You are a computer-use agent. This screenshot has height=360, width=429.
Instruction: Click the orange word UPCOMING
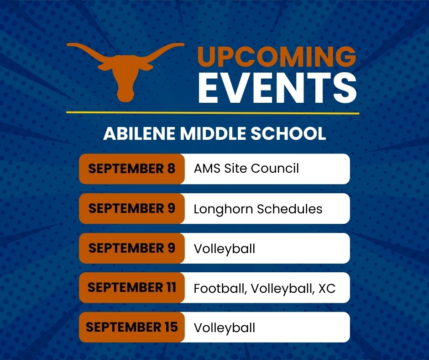click(x=277, y=57)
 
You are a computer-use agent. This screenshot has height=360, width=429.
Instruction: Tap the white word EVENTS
click(x=277, y=88)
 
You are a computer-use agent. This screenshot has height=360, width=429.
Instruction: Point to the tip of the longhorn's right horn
click(x=183, y=44)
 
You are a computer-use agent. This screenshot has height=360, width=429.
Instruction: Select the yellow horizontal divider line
click(x=213, y=112)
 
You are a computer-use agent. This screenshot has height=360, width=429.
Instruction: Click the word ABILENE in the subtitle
click(x=139, y=134)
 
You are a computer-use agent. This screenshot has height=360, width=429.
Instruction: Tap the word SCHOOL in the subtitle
click(x=288, y=134)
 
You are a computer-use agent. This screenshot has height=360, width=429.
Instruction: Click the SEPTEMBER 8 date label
click(x=131, y=169)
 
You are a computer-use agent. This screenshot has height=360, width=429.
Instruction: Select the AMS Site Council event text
click(x=246, y=168)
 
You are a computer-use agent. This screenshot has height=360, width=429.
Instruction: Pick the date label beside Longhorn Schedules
click(x=131, y=208)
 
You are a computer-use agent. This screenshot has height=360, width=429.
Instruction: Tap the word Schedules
click(x=290, y=209)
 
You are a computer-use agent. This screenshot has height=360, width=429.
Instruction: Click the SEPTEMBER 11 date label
click(x=131, y=287)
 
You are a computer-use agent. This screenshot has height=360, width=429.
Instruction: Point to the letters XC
click(x=327, y=288)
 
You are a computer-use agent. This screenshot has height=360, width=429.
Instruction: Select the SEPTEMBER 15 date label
click(x=131, y=327)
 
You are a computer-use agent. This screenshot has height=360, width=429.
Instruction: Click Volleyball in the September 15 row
click(x=225, y=328)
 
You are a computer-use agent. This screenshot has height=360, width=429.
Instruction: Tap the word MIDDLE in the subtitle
click(x=213, y=134)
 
